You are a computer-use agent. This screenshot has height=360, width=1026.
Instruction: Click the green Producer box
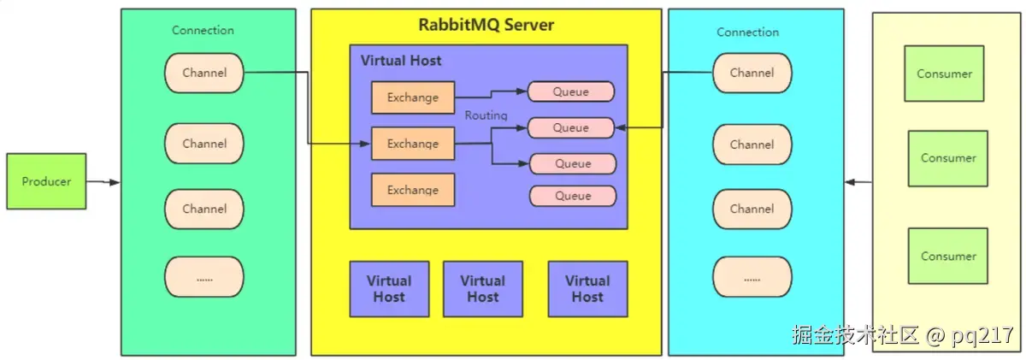click(46, 181)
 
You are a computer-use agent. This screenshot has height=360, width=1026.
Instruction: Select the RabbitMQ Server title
click(486, 25)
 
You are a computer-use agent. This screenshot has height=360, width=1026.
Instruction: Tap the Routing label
click(486, 115)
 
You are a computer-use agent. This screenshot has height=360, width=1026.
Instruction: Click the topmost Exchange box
click(413, 97)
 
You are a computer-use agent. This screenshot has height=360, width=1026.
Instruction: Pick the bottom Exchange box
click(413, 190)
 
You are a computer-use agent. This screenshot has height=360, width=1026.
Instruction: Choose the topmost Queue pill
click(571, 91)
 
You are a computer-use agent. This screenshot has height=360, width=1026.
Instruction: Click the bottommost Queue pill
click(573, 196)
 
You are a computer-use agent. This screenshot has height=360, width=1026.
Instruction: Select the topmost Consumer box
click(944, 74)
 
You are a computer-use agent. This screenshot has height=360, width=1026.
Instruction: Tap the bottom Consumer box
click(947, 256)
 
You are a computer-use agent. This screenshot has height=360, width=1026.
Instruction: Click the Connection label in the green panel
click(203, 30)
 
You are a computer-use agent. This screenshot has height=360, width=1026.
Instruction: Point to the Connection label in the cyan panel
click(747, 32)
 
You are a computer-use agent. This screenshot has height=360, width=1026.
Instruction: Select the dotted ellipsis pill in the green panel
click(204, 277)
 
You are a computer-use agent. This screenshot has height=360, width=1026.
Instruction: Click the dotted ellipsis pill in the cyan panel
click(752, 277)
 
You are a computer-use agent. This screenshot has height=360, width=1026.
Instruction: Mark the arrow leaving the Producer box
click(103, 182)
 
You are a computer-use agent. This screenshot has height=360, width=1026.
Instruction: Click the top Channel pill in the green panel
click(204, 73)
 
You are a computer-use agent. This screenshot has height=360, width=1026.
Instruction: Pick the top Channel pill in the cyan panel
click(752, 73)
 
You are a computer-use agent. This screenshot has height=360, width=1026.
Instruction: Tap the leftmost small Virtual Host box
click(389, 289)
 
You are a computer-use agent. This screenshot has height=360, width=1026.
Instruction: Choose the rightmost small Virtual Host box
click(587, 289)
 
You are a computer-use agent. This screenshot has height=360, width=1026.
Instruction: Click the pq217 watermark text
click(982, 336)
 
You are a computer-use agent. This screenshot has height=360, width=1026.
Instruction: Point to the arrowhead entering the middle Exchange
click(365, 144)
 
